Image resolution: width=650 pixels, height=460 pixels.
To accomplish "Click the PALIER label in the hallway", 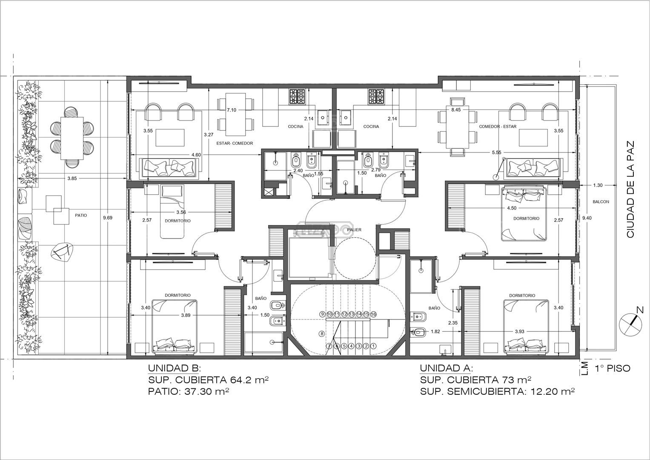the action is coord(354,230).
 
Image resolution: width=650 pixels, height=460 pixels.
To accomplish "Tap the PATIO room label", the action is coord(81,215).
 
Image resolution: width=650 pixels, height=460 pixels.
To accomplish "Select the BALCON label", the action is coord(601,201).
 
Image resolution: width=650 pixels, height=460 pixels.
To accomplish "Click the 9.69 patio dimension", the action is coord(108,218).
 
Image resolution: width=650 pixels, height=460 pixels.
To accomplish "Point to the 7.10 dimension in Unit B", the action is coord(232,110).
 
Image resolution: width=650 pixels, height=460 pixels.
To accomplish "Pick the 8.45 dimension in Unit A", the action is coord(456,110).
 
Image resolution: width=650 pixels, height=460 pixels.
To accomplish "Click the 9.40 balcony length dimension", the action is coord(587,218).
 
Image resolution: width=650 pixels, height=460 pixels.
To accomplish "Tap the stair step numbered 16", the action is coord(373,314).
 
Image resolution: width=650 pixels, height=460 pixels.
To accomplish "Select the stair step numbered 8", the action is coord(321,333).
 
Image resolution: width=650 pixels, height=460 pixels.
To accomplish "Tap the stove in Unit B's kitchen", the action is coord(297,97).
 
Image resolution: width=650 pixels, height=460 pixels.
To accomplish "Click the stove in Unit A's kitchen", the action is coord(376,97).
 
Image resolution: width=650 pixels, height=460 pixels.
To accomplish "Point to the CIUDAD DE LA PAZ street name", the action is coord(630,190).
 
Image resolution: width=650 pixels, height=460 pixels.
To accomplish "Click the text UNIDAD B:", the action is coord(175,368).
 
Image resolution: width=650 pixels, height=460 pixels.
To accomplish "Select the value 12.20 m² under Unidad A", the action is coord(553,391).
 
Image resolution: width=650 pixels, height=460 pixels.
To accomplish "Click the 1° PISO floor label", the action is coord(613,368).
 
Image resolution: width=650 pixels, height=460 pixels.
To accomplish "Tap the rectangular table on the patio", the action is coord(72,138).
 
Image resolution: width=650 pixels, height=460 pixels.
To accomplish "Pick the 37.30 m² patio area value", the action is coord(207,391).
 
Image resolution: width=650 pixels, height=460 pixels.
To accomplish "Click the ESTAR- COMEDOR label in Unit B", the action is coord(235,143).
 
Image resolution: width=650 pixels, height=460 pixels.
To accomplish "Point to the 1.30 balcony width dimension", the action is coord(598,185).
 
